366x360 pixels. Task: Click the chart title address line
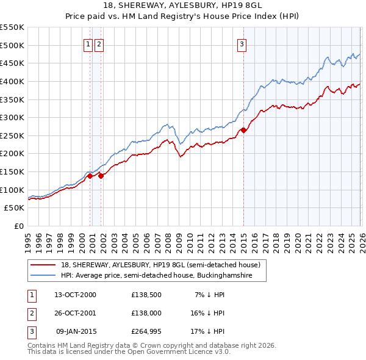click(182, 7)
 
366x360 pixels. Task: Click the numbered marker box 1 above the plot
click(88, 43)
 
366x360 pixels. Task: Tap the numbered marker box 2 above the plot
click(99, 43)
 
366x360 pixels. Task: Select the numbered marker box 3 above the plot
click(242, 43)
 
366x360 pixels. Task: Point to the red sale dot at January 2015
click(243, 130)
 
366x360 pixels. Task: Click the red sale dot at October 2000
click(90, 176)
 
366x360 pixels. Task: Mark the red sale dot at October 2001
click(101, 176)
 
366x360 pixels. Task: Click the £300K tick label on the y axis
click(12, 117)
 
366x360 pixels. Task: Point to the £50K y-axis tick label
click(14, 208)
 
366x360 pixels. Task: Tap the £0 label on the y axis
click(19, 226)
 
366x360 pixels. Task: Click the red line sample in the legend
click(43, 265)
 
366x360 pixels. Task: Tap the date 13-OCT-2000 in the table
click(75, 295)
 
